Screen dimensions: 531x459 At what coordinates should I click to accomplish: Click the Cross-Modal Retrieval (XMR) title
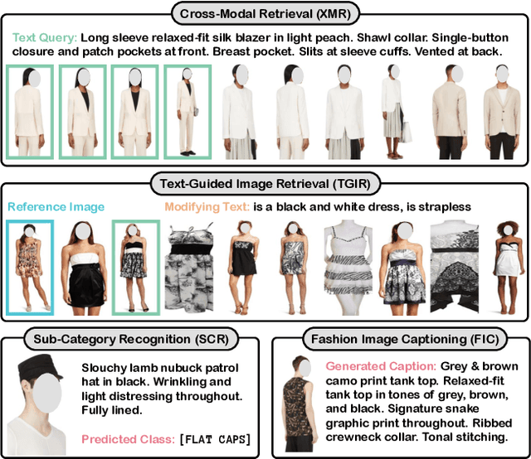coord(265,14)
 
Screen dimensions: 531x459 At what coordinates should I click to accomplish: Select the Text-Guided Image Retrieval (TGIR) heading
coord(265,184)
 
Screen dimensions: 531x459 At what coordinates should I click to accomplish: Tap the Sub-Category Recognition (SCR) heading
coord(131,339)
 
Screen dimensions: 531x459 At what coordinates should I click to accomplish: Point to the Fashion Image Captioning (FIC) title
coord(405,339)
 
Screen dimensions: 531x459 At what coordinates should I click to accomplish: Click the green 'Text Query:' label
coord(45,37)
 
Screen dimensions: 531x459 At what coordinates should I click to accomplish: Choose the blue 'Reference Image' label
coord(56,206)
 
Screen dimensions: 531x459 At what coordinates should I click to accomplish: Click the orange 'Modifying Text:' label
coord(207,206)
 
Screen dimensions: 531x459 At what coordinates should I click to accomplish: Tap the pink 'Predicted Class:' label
coord(128,439)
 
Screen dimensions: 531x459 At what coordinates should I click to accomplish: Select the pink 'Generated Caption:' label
coord(381,366)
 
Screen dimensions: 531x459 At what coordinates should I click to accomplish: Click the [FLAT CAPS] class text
coord(216,439)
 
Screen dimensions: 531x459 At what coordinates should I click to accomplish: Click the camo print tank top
coord(298,407)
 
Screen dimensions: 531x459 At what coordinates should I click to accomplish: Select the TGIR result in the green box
coord(136,268)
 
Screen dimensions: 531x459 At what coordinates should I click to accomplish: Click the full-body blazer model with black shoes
coord(188,112)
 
